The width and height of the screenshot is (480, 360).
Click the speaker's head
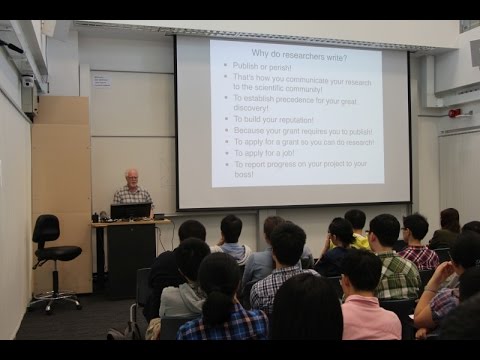(x=132, y=178)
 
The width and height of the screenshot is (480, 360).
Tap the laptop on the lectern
(x=130, y=211)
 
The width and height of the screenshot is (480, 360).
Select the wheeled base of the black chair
(x=55, y=298)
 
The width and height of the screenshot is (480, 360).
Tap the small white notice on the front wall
(x=101, y=79)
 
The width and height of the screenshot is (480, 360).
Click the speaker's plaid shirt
(x=132, y=196)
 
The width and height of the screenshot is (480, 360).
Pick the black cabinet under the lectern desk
(x=130, y=255)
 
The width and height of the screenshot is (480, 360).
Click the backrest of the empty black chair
(x=46, y=229)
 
